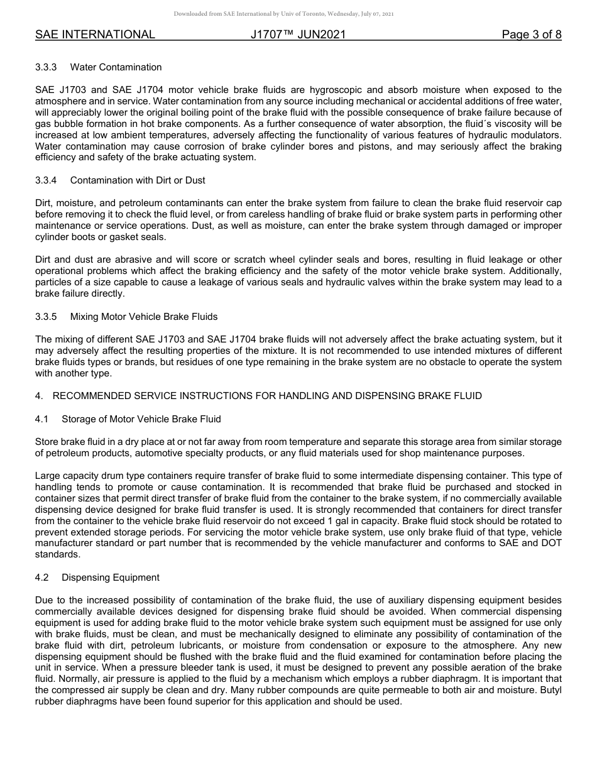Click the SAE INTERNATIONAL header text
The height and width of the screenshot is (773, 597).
[95, 35]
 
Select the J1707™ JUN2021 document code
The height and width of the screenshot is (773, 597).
[298, 35]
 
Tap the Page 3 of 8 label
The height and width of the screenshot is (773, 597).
[531, 35]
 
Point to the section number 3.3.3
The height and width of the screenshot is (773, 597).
[46, 67]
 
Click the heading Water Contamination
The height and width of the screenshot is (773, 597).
[116, 67]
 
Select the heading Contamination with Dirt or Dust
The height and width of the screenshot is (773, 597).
[138, 180]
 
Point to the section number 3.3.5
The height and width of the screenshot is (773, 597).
[46, 316]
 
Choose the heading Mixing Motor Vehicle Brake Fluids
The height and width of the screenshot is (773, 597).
[144, 316]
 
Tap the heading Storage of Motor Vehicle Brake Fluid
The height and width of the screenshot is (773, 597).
[141, 419]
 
